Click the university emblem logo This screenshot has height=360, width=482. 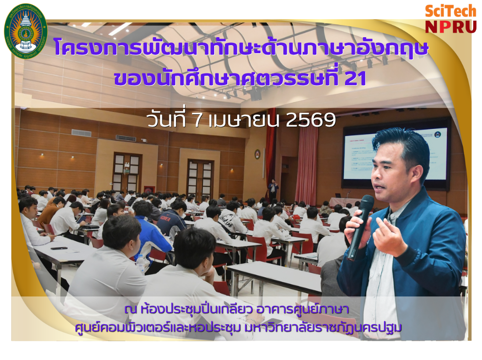click(x=26, y=29)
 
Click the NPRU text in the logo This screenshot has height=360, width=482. click(x=450, y=26)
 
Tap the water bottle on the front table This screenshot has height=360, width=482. click(x=140, y=264)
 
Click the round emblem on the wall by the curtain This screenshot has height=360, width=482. click(x=257, y=154)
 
